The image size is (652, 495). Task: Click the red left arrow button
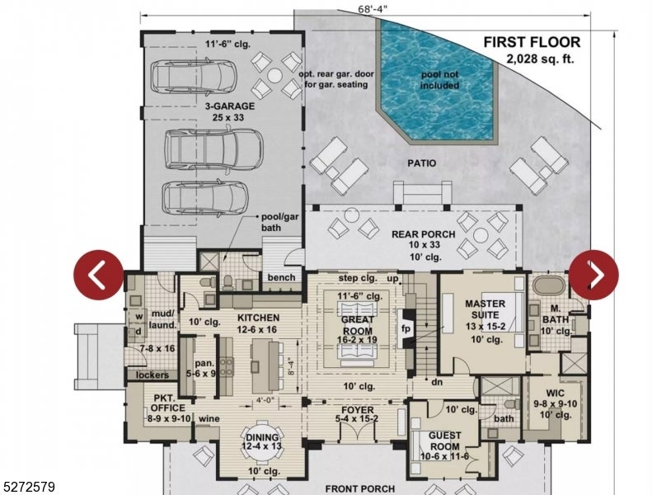(x=99, y=275)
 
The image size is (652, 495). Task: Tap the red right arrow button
(x=593, y=275)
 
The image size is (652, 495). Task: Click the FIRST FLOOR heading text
(x=532, y=42)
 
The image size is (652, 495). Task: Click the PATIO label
(x=420, y=163)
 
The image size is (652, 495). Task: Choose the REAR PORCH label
(x=424, y=234)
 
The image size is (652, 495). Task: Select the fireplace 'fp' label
(x=406, y=327)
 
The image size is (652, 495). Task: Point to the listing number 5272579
(x=29, y=488)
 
